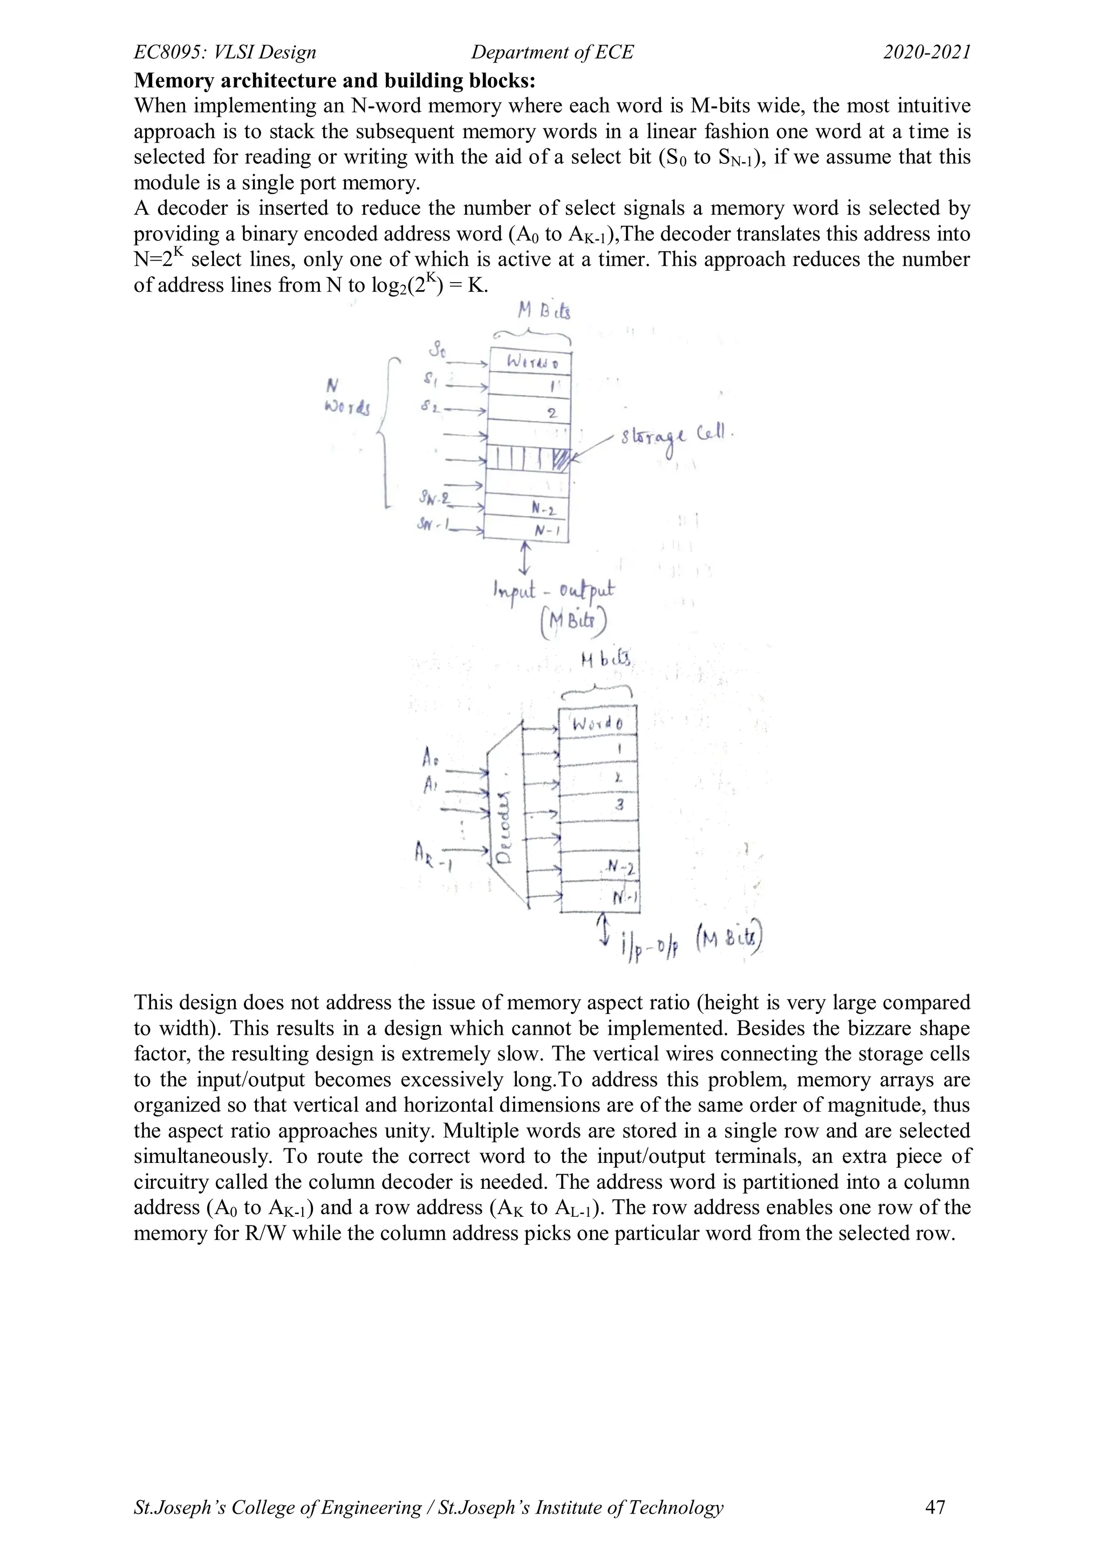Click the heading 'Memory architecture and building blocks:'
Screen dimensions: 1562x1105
pos(335,80)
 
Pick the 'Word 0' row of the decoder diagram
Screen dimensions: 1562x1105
pos(597,723)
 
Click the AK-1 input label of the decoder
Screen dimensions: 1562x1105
pos(433,854)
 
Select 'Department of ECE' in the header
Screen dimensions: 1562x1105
pos(552,52)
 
